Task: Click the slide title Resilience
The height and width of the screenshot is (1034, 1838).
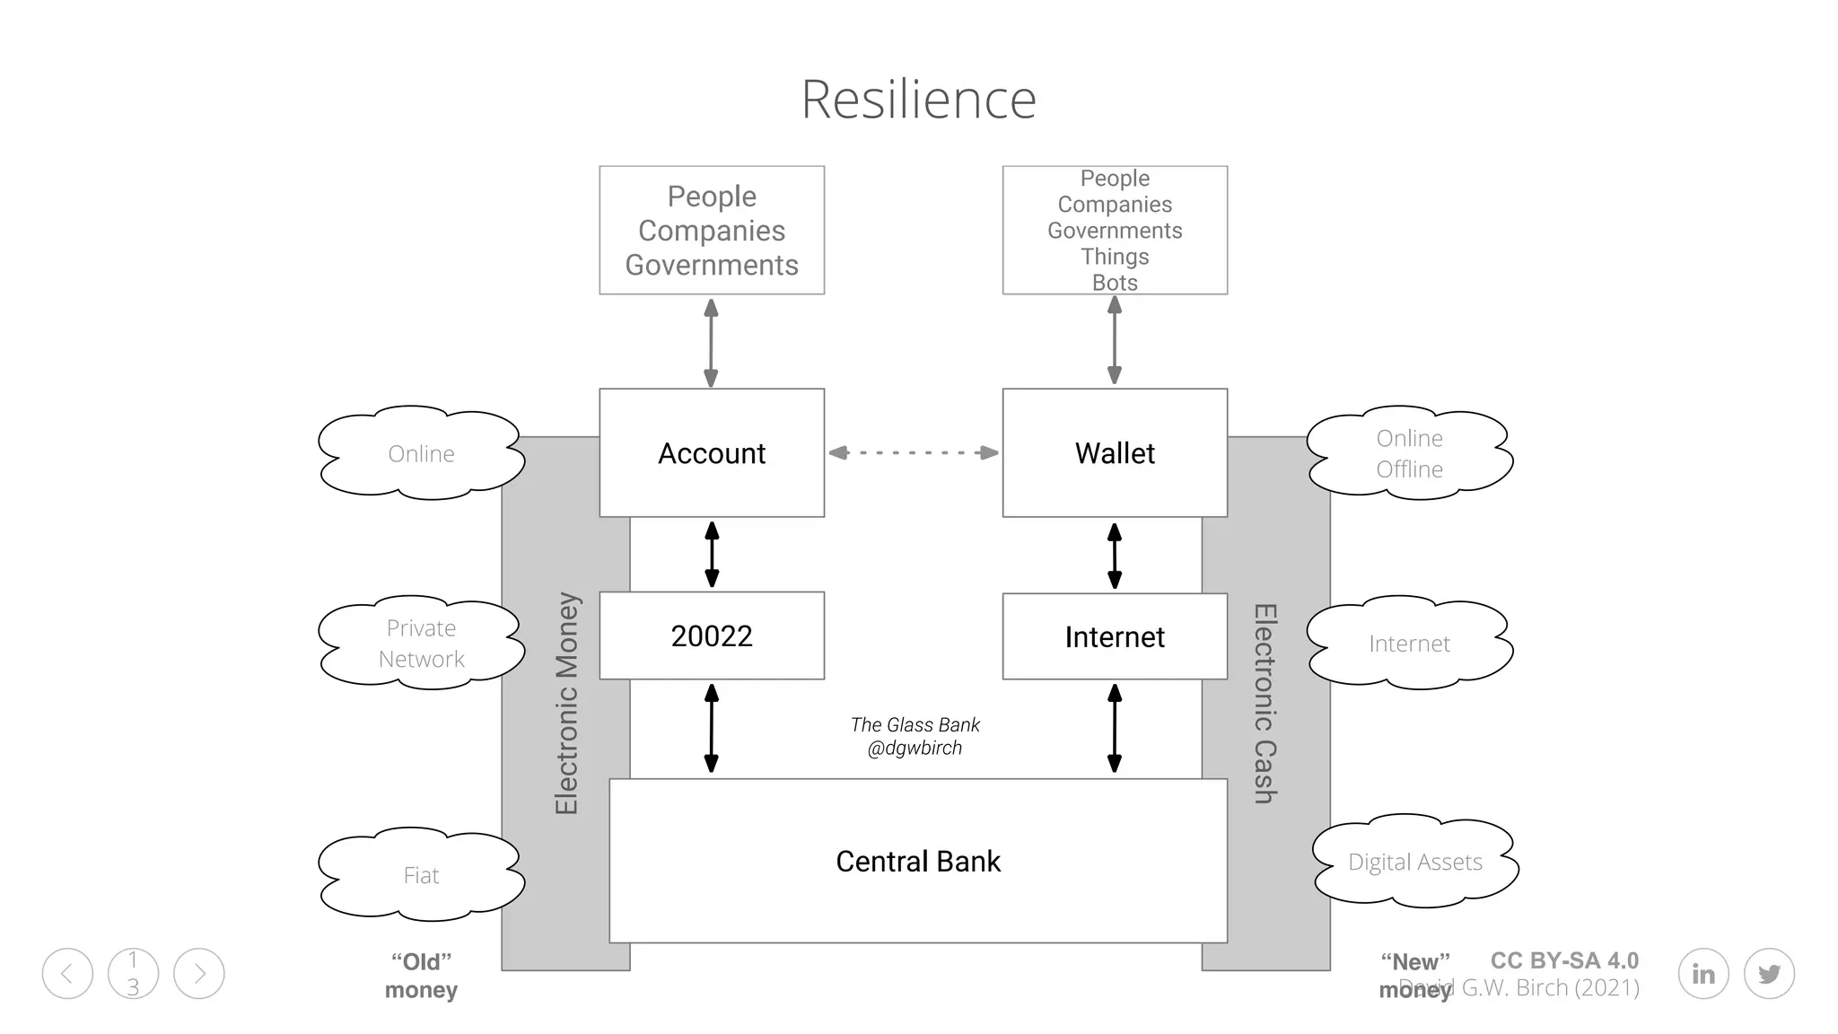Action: [918, 99]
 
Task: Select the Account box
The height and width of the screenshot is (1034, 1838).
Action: [711, 452]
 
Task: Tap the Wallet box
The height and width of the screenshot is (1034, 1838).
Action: [1114, 452]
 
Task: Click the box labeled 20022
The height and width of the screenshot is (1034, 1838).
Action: [711, 635]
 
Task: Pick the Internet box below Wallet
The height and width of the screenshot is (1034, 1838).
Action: [1114, 636]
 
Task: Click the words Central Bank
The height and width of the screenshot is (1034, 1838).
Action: [917, 861]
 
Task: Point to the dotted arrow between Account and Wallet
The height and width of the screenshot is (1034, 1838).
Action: [913, 452]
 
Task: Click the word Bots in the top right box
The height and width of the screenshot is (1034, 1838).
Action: [1115, 282]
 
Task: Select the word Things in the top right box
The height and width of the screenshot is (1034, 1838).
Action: [1115, 257]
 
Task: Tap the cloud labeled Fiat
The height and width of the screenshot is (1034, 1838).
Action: [421, 875]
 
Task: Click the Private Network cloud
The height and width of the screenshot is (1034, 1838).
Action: [421, 643]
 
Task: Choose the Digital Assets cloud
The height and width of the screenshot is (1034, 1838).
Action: [1414, 862]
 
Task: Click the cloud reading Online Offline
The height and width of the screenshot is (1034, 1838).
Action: [1409, 453]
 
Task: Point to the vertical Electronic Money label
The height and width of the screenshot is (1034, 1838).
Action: [566, 703]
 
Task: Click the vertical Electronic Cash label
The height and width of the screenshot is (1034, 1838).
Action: [1265, 703]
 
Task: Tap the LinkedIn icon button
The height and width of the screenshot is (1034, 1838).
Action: [1702, 973]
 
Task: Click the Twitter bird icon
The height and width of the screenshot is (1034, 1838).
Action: [1769, 973]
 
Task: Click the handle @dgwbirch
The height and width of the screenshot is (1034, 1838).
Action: [915, 748]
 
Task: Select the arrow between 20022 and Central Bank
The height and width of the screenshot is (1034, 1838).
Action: [711, 728]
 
